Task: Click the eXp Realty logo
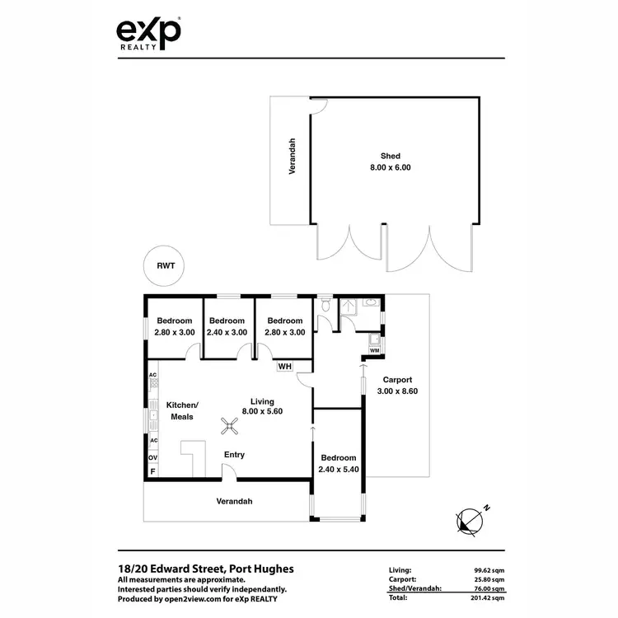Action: click(148, 35)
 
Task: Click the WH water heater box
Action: click(284, 366)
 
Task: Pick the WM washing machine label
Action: click(374, 351)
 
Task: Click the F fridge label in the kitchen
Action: click(152, 471)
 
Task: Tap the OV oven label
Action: click(152, 456)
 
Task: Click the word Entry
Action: click(234, 455)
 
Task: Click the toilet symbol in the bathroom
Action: click(326, 307)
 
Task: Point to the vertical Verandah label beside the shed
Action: click(292, 156)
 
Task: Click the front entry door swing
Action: click(230, 471)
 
